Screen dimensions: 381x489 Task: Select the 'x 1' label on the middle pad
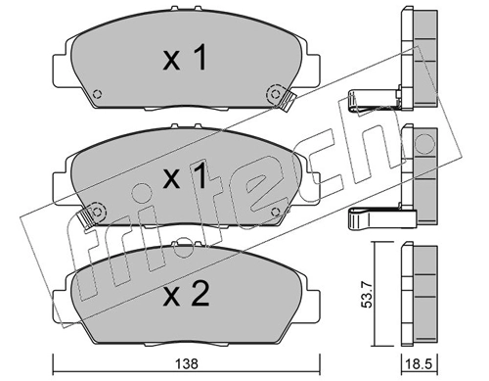point(184,178)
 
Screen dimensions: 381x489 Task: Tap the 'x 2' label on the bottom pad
point(184,294)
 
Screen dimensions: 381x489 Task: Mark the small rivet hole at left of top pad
point(96,96)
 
